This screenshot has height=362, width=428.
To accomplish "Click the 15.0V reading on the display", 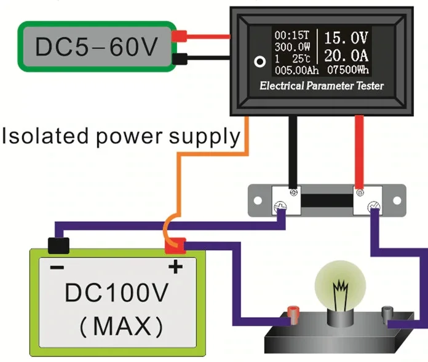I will coord(349,36).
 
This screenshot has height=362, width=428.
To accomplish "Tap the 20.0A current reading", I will coord(349,54).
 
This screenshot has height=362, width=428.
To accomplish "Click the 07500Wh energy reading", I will coord(350,69).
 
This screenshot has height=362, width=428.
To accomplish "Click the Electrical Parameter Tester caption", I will coord(322,86).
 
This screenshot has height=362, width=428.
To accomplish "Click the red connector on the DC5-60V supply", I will coord(180,37).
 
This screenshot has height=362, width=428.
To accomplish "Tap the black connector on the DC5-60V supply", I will coord(180,59).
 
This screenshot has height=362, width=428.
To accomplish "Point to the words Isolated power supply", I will coord(120,136).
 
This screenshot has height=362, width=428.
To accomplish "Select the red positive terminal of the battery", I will coord(175,245).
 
